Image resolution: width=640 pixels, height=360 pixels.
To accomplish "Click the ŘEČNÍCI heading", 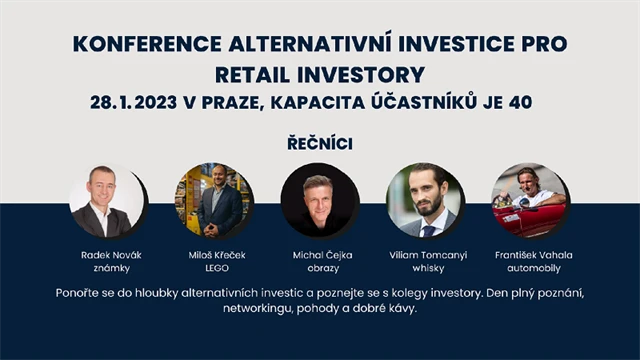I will pyautogui.click(x=319, y=143).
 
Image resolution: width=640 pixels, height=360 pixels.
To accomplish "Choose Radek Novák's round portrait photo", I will pyautogui.click(x=107, y=200).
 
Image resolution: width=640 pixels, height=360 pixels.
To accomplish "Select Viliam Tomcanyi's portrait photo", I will pyautogui.click(x=425, y=200).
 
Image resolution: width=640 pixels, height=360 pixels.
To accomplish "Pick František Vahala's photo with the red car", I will pyautogui.click(x=530, y=200).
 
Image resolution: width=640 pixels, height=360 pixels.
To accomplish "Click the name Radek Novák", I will pyautogui.click(x=111, y=255).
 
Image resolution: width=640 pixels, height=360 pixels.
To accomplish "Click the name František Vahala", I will pyautogui.click(x=533, y=255).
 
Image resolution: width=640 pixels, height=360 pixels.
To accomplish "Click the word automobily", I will pyautogui.click(x=533, y=269).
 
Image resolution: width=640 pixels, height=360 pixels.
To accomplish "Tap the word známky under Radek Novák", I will pyautogui.click(x=111, y=269).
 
